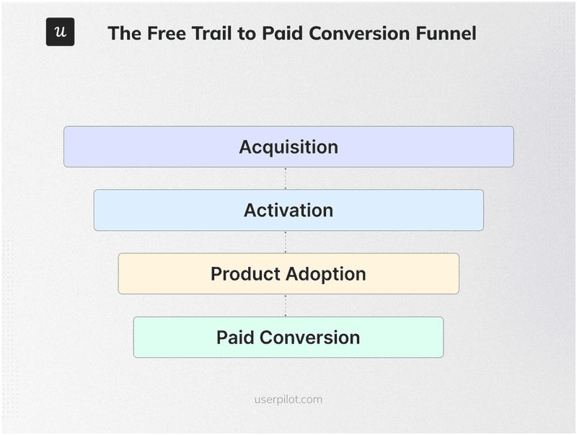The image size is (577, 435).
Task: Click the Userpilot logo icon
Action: tap(60, 32)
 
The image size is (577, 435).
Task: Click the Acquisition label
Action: tap(288, 147)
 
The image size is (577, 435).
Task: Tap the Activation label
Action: tap(288, 211)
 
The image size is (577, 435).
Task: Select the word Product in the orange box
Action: tap(246, 274)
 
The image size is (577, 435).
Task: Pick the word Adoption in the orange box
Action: tap(326, 274)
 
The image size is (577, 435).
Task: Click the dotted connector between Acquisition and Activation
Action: tap(286, 178)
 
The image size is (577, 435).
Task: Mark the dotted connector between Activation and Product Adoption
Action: tap(286, 242)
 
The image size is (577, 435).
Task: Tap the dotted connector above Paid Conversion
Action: tap(286, 305)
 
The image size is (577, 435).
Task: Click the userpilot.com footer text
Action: tap(288, 399)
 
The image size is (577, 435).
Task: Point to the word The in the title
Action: tap(123, 33)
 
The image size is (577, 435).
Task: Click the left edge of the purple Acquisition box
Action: tap(64, 147)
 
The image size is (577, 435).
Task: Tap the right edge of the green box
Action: tap(443, 338)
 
